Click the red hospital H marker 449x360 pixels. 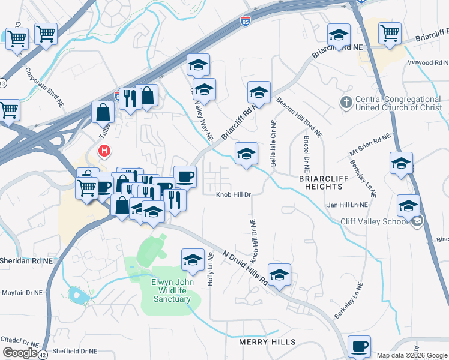coord(105,151)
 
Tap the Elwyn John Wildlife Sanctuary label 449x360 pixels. coord(172,289)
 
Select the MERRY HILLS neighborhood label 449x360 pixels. coord(267,342)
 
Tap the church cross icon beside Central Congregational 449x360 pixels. coord(346,103)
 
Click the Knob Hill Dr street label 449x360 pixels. coord(234,194)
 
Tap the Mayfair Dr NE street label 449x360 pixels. coord(22,293)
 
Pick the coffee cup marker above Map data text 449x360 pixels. coord(360,346)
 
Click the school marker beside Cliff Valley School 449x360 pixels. coord(408,206)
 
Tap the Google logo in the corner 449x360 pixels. coord(20,353)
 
